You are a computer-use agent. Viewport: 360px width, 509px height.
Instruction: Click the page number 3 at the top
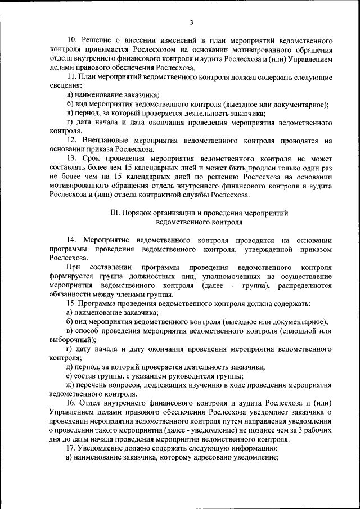[x=191, y=22]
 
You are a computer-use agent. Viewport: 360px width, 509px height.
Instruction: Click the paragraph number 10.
[x=71, y=42]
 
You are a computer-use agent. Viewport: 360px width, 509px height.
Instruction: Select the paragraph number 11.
[x=71, y=76]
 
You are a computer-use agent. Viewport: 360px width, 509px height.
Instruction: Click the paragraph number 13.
[x=71, y=159]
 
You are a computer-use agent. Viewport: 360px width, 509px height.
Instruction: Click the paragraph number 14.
[x=71, y=240]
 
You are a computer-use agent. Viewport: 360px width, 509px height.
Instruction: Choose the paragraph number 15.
[x=71, y=304]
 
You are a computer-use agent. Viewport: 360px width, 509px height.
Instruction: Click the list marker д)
[x=70, y=368]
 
